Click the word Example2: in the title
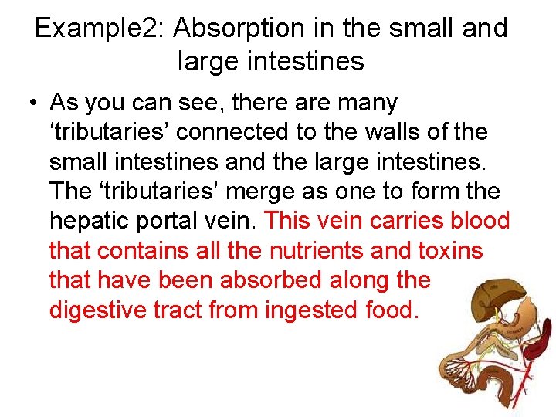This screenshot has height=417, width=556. pyautogui.click(x=100, y=29)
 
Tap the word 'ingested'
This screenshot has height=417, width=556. pyautogui.click(x=307, y=310)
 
